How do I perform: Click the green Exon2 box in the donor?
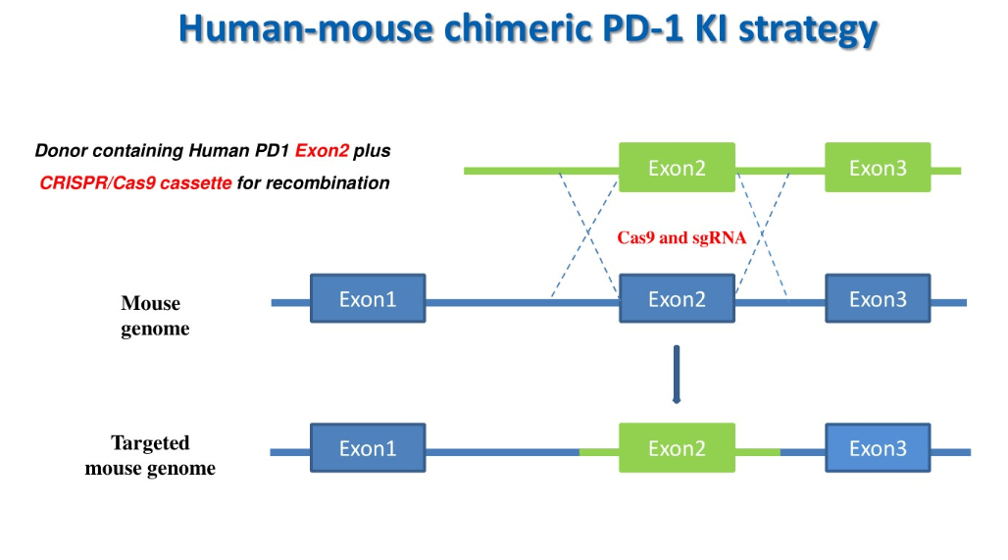tap(677, 168)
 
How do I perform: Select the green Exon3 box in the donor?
tap(878, 168)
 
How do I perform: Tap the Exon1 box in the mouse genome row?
tap(368, 298)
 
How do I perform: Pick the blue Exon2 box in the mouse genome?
tap(677, 298)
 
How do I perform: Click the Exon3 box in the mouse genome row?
tap(878, 298)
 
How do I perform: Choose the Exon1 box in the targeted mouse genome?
tap(368, 448)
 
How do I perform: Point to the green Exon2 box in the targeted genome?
tap(677, 448)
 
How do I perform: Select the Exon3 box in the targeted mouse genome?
tap(878, 448)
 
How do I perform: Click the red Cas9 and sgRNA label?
tap(681, 237)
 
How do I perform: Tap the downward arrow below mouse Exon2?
tap(677, 375)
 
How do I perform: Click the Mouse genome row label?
tap(154, 316)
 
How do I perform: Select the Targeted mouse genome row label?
tap(150, 456)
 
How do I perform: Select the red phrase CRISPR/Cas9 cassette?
tap(136, 182)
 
